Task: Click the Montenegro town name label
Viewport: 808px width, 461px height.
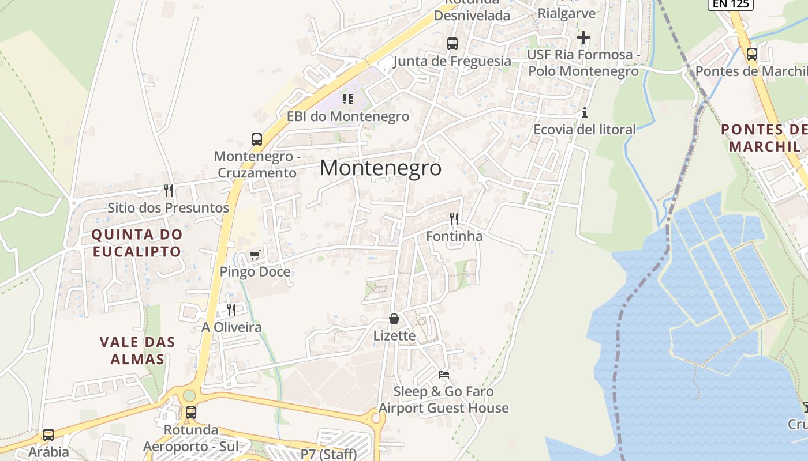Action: tap(380, 168)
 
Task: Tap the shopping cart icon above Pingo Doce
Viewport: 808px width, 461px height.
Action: tap(255, 255)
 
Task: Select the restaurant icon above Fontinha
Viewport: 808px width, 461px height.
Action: tap(454, 219)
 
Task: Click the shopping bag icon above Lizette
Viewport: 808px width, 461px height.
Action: tap(394, 319)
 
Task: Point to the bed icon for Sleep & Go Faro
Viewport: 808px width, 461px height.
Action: tap(443, 375)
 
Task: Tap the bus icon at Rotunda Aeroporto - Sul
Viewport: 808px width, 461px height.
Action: tap(190, 413)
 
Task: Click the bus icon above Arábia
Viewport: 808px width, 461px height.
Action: tap(48, 435)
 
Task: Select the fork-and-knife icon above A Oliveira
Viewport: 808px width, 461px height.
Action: tap(231, 310)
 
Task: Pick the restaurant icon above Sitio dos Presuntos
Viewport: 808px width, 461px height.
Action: tap(168, 190)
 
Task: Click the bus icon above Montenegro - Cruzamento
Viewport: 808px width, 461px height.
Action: tap(257, 139)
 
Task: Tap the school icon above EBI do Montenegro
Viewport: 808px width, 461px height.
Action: tap(348, 99)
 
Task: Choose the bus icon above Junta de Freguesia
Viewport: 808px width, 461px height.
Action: tap(452, 44)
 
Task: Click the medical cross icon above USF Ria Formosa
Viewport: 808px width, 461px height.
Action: tap(583, 38)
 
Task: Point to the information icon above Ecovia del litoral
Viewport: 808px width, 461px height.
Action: tap(585, 112)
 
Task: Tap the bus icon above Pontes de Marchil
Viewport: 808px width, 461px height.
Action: tap(751, 55)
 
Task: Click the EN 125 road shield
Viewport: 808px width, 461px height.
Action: tap(731, 4)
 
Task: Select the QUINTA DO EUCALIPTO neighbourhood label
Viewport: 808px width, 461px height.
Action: tap(137, 243)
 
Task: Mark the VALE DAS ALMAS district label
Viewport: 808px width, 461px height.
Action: tap(137, 350)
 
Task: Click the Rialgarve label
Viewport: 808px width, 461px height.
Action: tap(566, 13)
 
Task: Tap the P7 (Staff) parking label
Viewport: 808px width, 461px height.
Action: tap(328, 454)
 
